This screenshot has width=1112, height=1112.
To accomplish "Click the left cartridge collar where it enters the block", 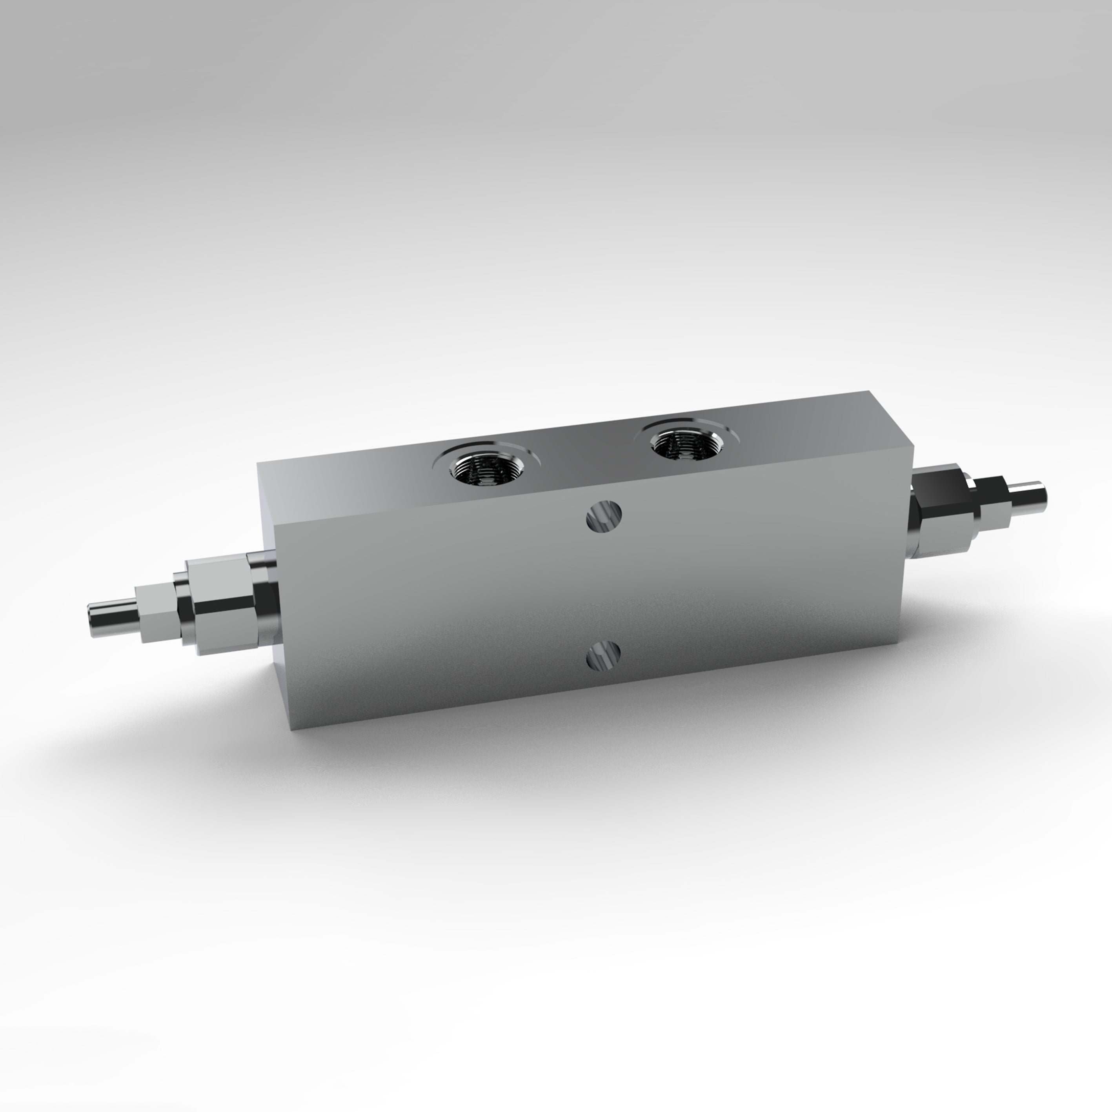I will coord(262,596).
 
